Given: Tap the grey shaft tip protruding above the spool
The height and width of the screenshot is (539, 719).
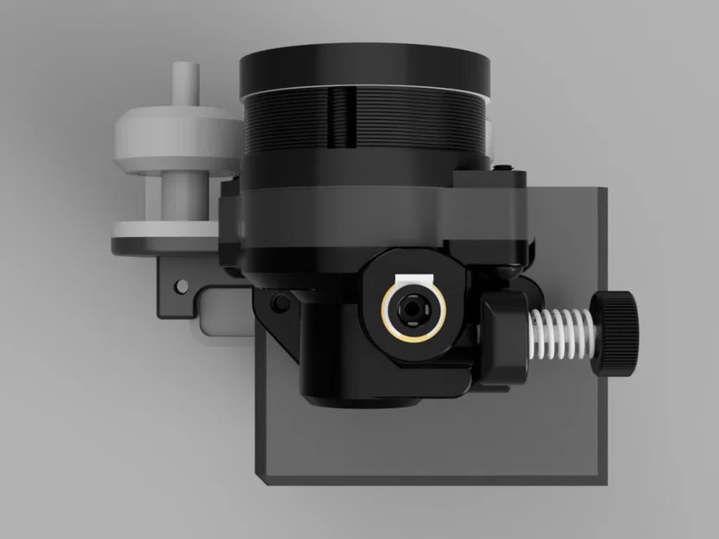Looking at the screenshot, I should point(186,83).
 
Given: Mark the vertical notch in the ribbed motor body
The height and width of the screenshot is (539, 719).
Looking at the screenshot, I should point(343,116).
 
